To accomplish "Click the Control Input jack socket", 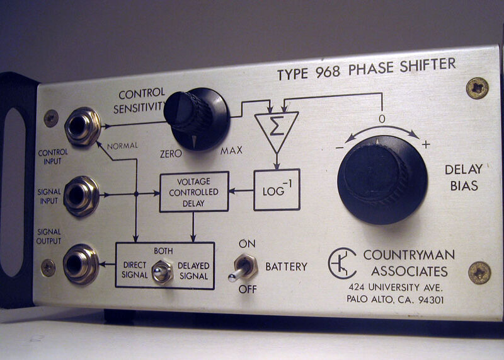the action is [x=83, y=126].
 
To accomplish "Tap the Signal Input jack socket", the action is [x=81, y=195].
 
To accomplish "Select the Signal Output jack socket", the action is [x=81, y=264].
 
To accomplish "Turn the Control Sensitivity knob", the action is [x=197, y=118].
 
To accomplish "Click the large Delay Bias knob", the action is [x=382, y=179].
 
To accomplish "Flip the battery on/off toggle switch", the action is [x=243, y=269].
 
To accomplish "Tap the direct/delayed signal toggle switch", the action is [x=162, y=272].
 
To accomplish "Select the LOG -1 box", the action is [x=277, y=190].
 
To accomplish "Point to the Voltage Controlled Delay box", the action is [x=194, y=192].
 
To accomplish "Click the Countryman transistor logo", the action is [x=342, y=263].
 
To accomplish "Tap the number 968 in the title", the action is [x=328, y=72].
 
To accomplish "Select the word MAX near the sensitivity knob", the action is [x=231, y=151].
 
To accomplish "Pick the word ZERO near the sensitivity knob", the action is [x=171, y=154].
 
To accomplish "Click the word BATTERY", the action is [x=286, y=267].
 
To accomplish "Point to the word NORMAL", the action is [x=122, y=146].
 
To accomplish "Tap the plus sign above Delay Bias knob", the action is [x=426, y=144].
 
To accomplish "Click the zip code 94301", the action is [x=431, y=300].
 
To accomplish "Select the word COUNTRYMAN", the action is [x=409, y=255].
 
